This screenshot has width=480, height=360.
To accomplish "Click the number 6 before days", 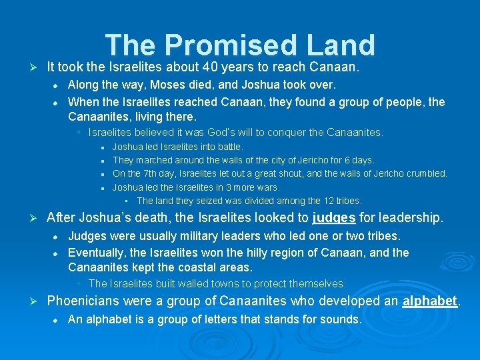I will click(x=353, y=160).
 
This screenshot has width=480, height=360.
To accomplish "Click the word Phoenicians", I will click(x=88, y=301).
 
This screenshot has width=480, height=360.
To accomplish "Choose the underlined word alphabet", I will click(x=430, y=301).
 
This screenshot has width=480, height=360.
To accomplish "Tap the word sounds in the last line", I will click(x=339, y=319).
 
